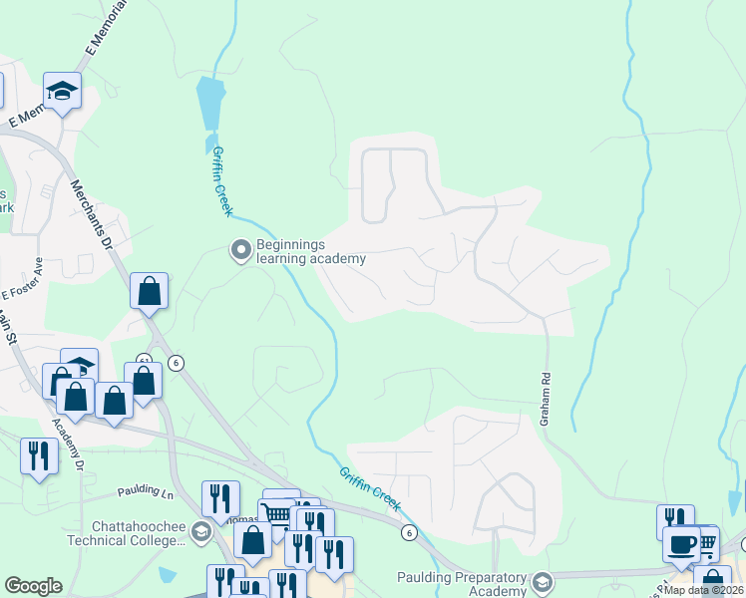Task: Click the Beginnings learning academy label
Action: (x=310, y=251)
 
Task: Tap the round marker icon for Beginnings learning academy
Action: (x=240, y=249)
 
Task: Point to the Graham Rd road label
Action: (x=546, y=399)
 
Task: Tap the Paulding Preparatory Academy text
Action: (x=461, y=584)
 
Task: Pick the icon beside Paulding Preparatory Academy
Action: (x=543, y=581)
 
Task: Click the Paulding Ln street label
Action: (x=145, y=492)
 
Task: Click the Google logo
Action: (x=33, y=586)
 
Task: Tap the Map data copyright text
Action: (x=704, y=590)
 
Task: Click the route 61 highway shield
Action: (x=145, y=360)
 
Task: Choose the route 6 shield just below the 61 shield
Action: (x=177, y=363)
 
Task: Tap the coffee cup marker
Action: (x=682, y=543)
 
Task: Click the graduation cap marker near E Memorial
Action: (x=63, y=91)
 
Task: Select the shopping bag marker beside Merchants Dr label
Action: (x=149, y=291)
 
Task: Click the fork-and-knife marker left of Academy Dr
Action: (x=38, y=455)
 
